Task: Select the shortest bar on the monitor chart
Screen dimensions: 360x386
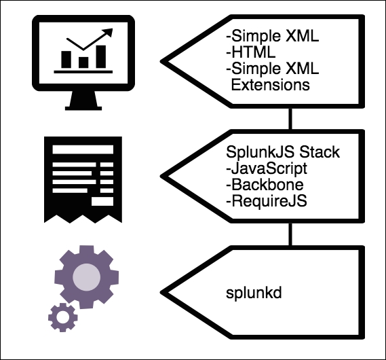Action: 83,62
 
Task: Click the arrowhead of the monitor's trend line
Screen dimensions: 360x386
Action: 107,33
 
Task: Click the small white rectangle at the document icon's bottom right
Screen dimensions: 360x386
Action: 104,201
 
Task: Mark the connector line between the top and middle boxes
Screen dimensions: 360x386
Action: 290,119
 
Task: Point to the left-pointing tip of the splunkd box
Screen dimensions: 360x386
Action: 170,295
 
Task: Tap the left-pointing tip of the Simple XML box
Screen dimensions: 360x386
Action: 170,60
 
